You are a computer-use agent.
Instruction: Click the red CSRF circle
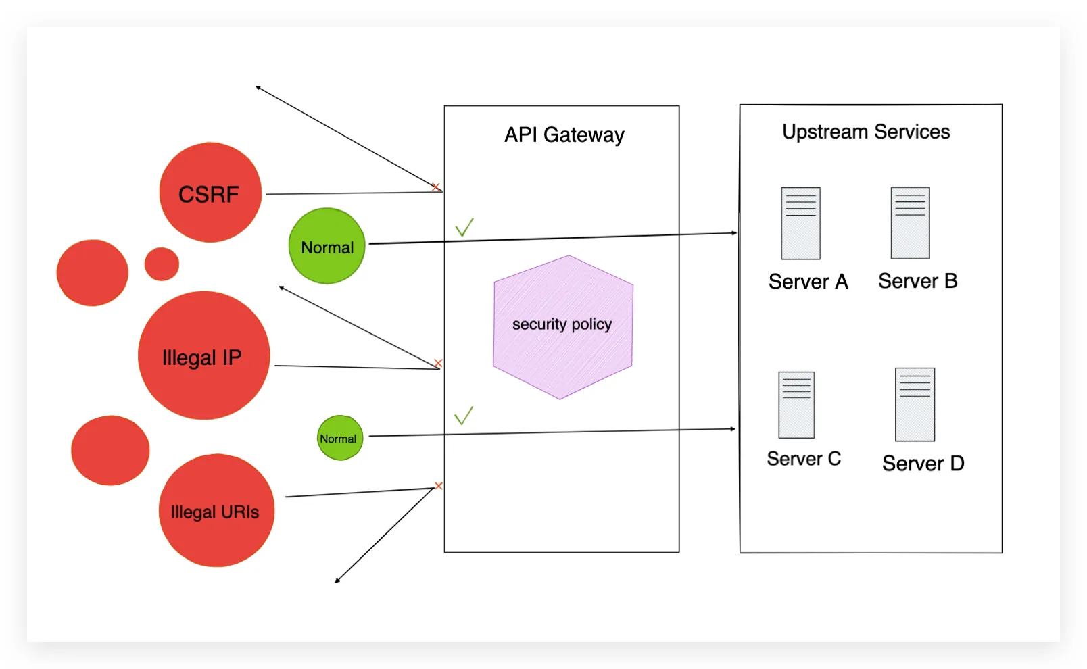point(210,193)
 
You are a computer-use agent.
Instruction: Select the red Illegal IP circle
point(203,355)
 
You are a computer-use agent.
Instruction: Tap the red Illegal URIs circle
point(216,510)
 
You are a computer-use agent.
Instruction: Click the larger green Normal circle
point(327,246)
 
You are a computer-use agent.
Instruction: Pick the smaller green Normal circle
point(340,438)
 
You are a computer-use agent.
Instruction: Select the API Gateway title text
point(564,135)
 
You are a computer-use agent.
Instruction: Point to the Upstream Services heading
point(865,132)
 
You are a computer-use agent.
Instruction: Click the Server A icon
point(800,224)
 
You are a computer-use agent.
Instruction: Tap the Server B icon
point(910,223)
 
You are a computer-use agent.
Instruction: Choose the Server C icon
point(796,405)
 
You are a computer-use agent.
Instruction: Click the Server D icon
point(915,404)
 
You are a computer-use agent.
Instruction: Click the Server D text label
point(923,464)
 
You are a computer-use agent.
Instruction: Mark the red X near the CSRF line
point(436,187)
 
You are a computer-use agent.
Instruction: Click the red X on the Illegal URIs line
point(439,486)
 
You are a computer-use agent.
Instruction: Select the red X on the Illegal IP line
point(438,364)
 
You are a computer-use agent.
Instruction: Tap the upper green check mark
point(464,227)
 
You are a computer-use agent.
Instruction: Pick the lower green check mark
point(464,416)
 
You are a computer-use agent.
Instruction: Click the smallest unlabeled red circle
point(162,264)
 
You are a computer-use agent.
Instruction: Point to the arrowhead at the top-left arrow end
point(258,87)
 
